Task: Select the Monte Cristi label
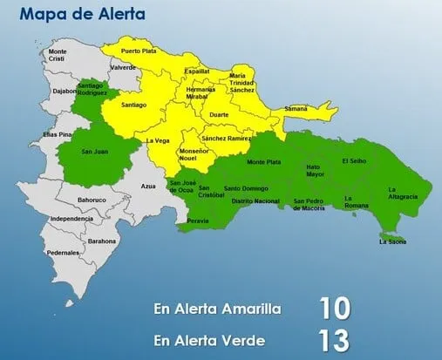(58, 55)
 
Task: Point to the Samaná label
(296, 108)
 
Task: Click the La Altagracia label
(403, 194)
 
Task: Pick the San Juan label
(94, 152)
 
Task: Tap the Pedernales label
(63, 253)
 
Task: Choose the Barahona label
(102, 241)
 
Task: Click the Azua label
(148, 187)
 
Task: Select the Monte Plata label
(263, 162)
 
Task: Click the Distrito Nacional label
(255, 201)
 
